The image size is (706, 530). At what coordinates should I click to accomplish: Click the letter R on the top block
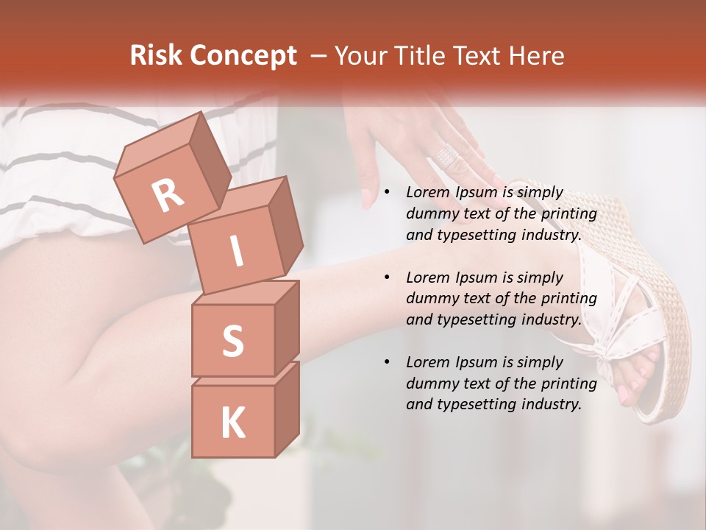coord(168,196)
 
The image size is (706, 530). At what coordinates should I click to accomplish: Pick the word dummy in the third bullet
coord(431,384)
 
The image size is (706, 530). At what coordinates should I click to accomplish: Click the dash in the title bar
coord(319,56)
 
